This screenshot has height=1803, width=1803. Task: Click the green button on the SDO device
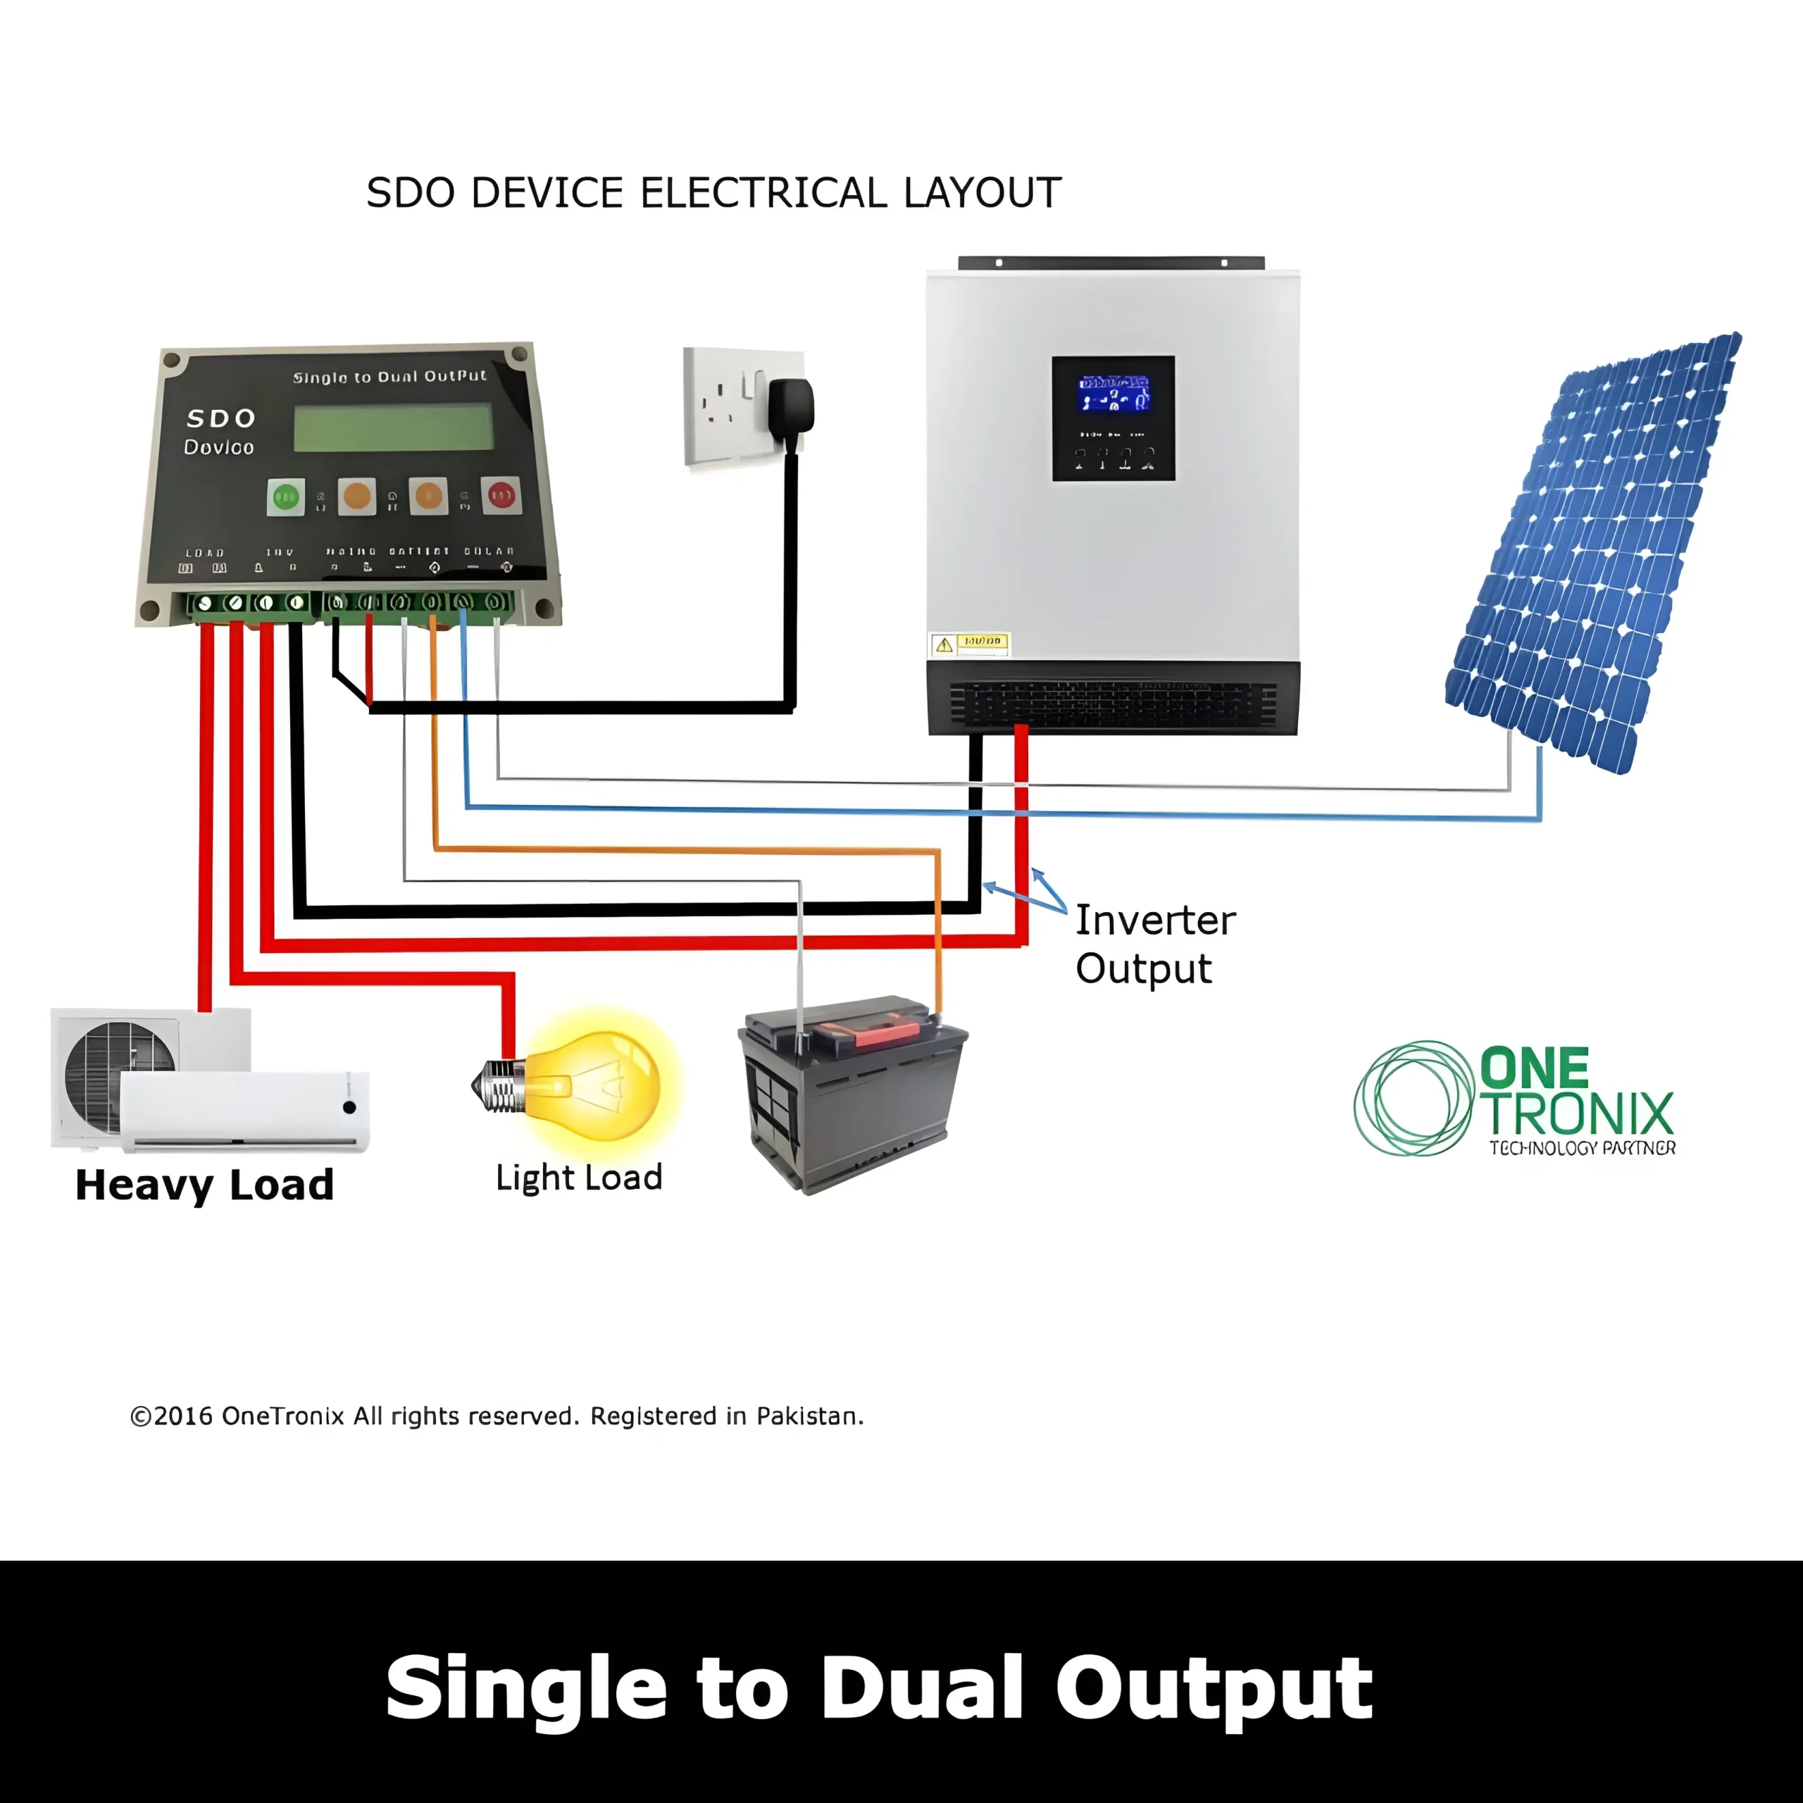[285, 497]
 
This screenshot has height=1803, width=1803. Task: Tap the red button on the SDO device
[501, 494]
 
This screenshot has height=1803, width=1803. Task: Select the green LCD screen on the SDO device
[393, 428]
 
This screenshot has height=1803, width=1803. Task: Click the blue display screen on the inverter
[1113, 393]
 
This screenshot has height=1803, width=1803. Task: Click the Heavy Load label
[204, 1185]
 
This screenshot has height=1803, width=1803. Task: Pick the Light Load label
[579, 1178]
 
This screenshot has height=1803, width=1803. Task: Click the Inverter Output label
[1154, 944]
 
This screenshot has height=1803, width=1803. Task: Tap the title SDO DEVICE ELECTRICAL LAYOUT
[714, 193]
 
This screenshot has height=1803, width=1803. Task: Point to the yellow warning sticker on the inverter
[970, 643]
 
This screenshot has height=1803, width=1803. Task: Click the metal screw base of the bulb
[499, 1085]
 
